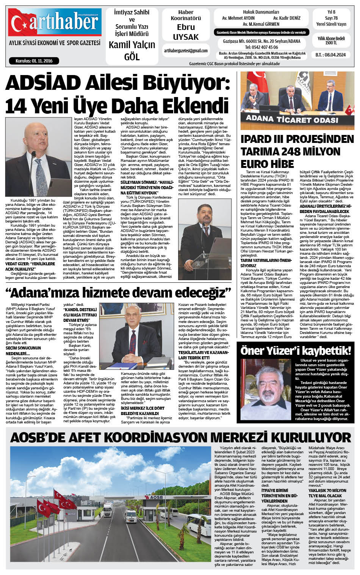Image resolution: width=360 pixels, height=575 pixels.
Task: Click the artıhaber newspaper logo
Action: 55,22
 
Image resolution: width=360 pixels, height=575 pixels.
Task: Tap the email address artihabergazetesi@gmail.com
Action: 186,51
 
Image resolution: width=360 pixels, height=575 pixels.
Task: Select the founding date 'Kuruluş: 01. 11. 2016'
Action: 34,61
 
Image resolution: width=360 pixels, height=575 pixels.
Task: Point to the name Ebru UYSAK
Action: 186,32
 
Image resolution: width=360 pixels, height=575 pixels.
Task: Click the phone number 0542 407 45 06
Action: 261,47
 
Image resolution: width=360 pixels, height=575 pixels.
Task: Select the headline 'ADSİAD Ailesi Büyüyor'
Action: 117,83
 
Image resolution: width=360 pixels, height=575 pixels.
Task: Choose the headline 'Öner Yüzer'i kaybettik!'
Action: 296,350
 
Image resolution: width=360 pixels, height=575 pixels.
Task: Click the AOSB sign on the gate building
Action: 153,497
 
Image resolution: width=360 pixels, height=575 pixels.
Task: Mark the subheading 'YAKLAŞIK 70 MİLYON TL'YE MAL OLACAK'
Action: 327,493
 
